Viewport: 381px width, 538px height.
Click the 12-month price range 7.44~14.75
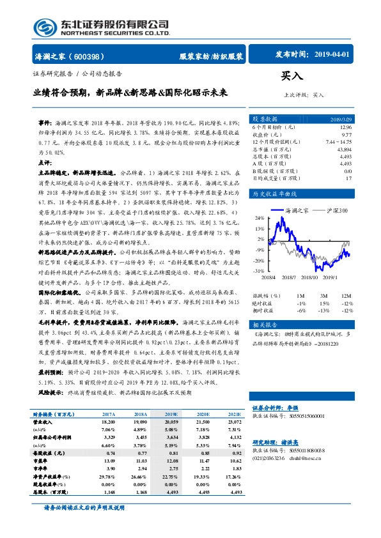(x=338, y=141)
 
